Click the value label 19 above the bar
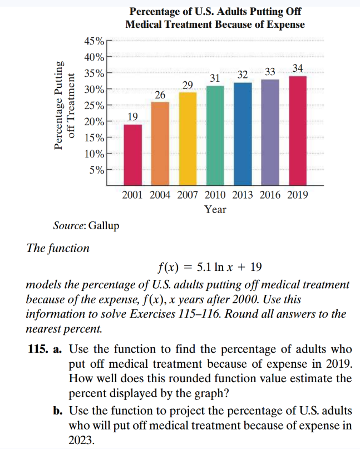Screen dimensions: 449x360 click(x=132, y=116)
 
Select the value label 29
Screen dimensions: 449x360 click(x=188, y=85)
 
